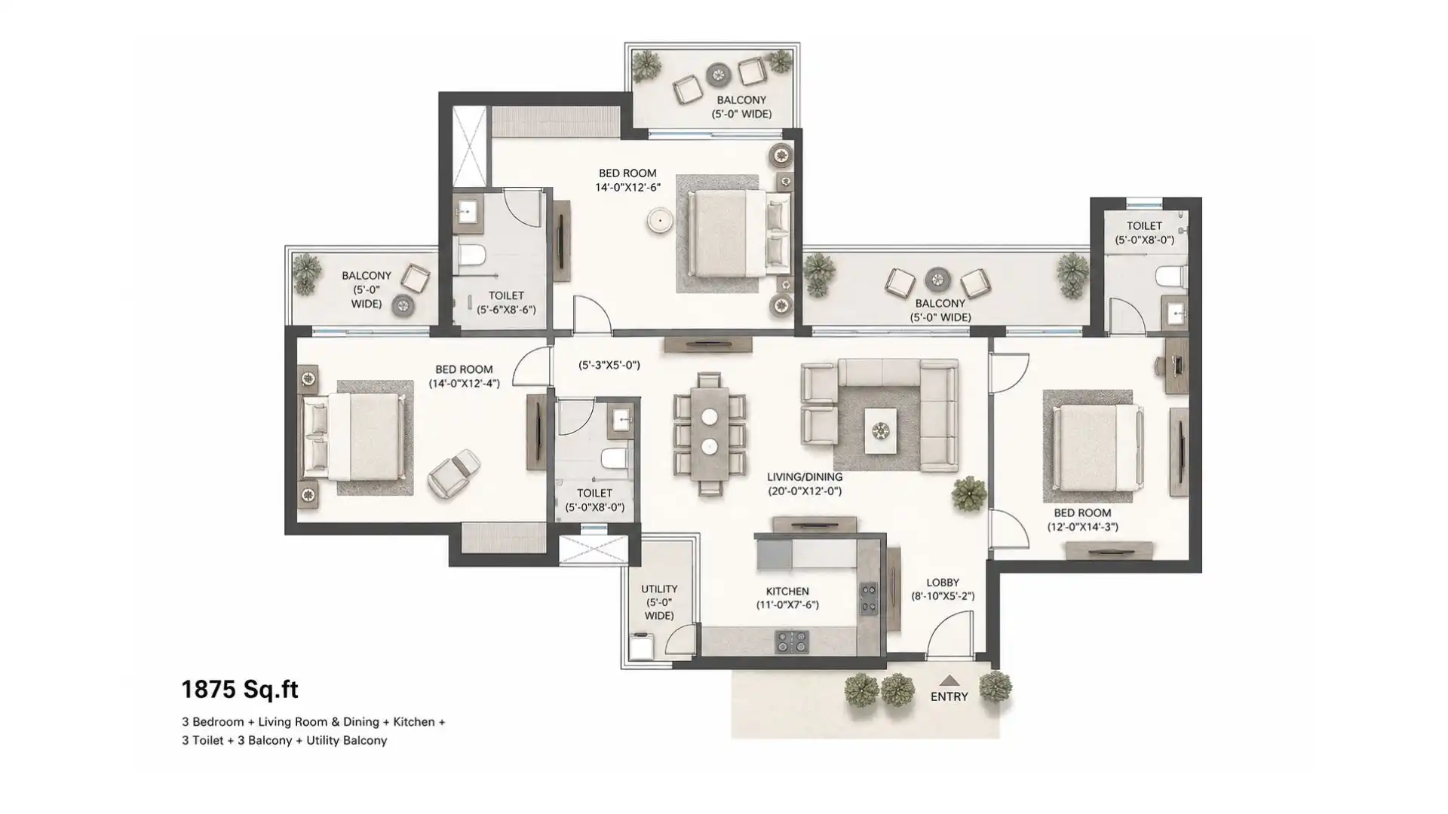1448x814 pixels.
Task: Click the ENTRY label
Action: (x=949, y=696)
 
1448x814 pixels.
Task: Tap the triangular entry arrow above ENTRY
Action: (x=949, y=681)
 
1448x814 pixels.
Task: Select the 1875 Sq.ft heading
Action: (x=240, y=689)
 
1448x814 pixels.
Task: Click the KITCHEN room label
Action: (x=787, y=592)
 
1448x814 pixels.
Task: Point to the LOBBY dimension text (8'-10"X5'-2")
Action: (x=943, y=596)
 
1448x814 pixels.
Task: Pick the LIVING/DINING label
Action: (x=805, y=477)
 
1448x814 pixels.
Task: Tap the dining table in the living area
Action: (x=709, y=433)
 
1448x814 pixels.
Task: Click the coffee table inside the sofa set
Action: (x=880, y=430)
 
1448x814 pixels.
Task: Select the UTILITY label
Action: (x=659, y=589)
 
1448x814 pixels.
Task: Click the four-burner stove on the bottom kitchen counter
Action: (x=792, y=641)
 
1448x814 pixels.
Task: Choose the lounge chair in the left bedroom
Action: (x=454, y=473)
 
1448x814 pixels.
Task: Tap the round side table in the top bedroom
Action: (x=660, y=220)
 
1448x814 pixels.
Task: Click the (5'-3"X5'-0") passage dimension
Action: (x=609, y=366)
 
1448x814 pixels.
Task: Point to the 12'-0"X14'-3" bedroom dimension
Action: (x=1082, y=527)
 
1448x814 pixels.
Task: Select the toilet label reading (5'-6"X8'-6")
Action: (x=506, y=309)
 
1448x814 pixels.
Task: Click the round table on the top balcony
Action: (x=718, y=75)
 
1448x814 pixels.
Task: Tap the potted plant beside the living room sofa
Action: (x=968, y=494)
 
